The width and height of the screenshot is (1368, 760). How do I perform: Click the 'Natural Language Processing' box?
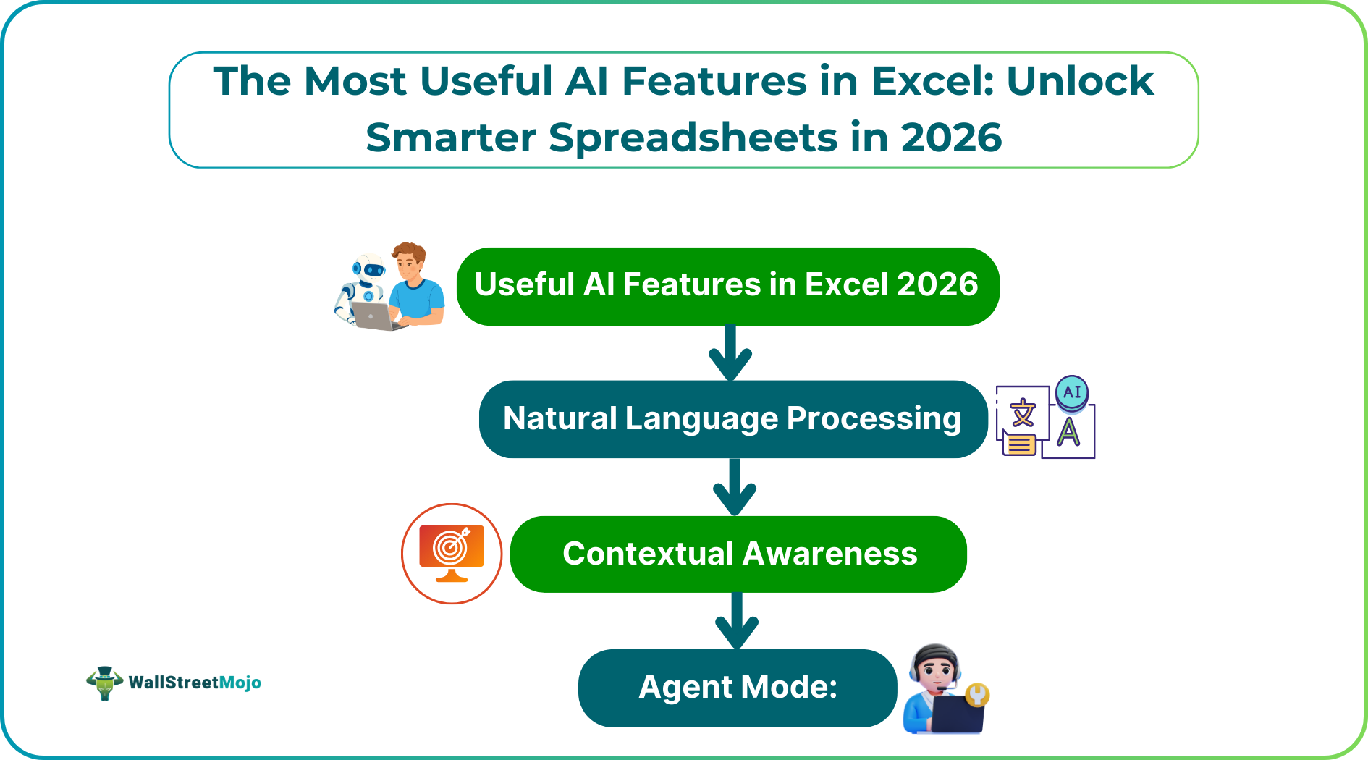pos(733,419)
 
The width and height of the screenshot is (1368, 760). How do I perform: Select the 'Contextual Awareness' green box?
pos(738,554)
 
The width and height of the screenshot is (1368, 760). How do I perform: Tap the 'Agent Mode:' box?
pos(738,688)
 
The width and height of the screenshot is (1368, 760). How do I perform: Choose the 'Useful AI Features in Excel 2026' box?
pos(727,286)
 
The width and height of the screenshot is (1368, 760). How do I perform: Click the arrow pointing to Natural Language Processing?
pos(730,352)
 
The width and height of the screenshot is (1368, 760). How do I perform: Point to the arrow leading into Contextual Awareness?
pos(735,486)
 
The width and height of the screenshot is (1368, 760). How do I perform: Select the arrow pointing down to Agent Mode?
pos(737,620)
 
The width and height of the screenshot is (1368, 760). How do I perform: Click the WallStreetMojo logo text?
pos(195,683)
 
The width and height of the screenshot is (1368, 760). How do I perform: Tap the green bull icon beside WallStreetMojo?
pos(104,683)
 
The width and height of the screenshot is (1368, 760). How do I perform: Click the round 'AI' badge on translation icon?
pos(1072,392)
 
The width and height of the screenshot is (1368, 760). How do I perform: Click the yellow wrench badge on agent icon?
pos(977,695)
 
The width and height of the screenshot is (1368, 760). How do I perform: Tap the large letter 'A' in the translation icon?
pos(1068,433)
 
